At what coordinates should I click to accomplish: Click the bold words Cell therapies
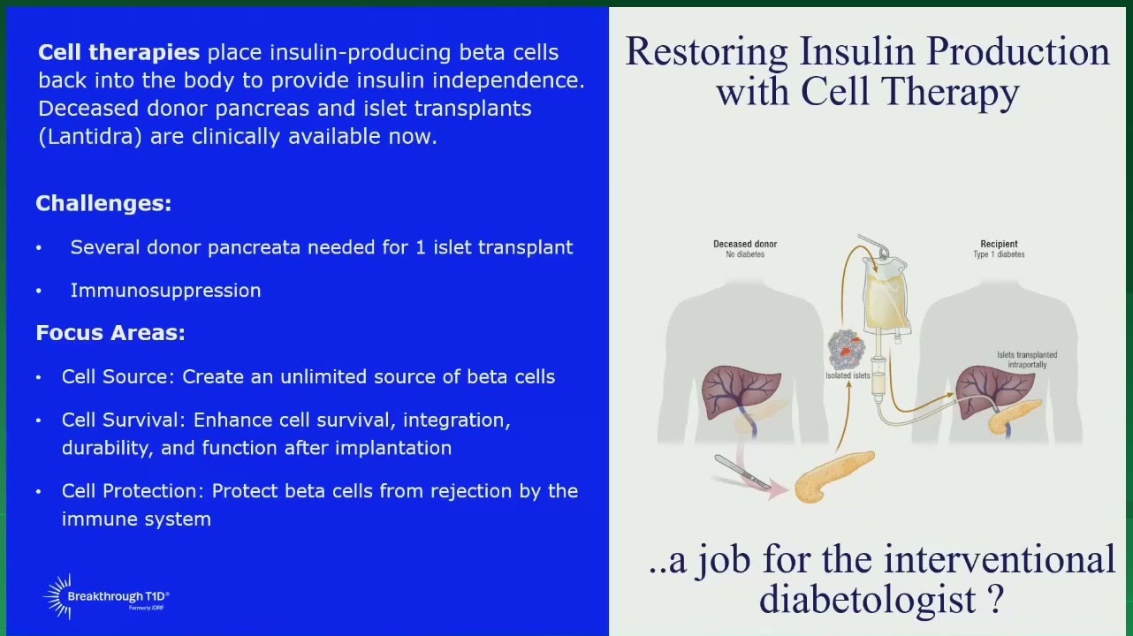(x=118, y=53)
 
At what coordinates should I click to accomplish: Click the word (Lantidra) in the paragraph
(x=90, y=137)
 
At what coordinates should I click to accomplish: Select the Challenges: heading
(x=103, y=203)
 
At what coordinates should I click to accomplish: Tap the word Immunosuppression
(x=165, y=291)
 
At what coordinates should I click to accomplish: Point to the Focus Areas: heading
(x=110, y=333)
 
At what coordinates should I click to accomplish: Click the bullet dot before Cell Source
(x=38, y=377)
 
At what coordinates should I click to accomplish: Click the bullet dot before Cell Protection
(x=38, y=491)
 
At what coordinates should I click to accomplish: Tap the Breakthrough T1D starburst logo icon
(x=57, y=596)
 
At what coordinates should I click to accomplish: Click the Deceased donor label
(x=745, y=244)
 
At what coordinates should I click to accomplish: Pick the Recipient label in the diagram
(x=999, y=244)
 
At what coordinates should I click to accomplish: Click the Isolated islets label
(x=848, y=375)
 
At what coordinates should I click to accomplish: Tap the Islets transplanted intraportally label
(x=1027, y=360)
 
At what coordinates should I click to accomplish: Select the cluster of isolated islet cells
(x=846, y=349)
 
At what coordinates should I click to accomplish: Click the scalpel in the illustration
(x=742, y=472)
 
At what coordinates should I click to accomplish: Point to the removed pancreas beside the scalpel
(x=833, y=476)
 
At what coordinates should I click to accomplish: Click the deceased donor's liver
(x=740, y=390)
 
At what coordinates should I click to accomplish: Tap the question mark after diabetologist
(x=995, y=600)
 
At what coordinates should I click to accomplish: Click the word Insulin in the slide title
(x=857, y=51)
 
